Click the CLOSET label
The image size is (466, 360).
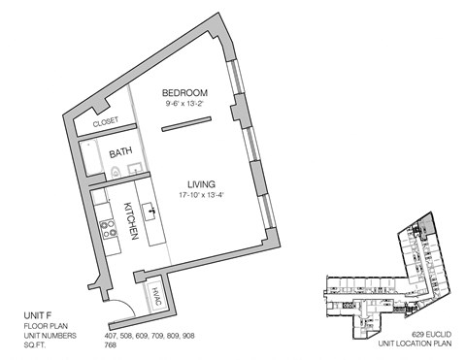pyautogui.click(x=106, y=122)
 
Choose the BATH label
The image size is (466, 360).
pyautogui.click(x=121, y=152)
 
